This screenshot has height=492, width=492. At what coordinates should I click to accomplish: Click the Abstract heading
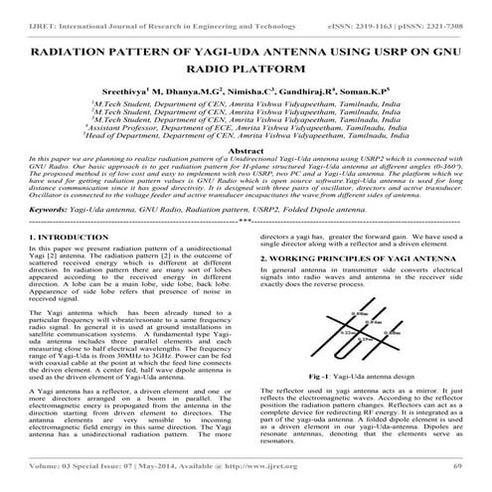pos(245,149)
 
